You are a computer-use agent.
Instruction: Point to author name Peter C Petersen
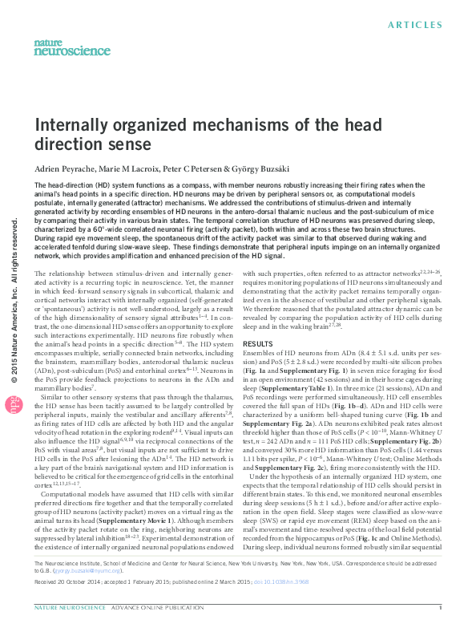pos(209,168)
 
